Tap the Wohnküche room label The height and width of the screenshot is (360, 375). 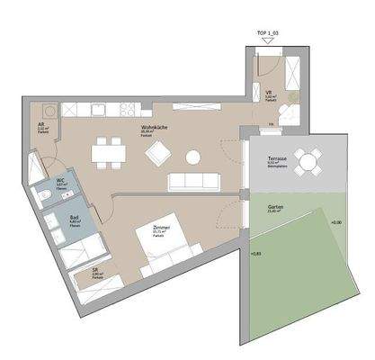coord(152,128)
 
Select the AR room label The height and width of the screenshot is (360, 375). coord(42,127)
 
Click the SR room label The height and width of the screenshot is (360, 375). coord(95,269)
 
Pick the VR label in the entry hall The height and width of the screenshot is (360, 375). coord(269,92)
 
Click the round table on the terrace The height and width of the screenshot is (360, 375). coord(308,163)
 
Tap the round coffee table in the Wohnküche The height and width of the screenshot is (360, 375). coord(192,157)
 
